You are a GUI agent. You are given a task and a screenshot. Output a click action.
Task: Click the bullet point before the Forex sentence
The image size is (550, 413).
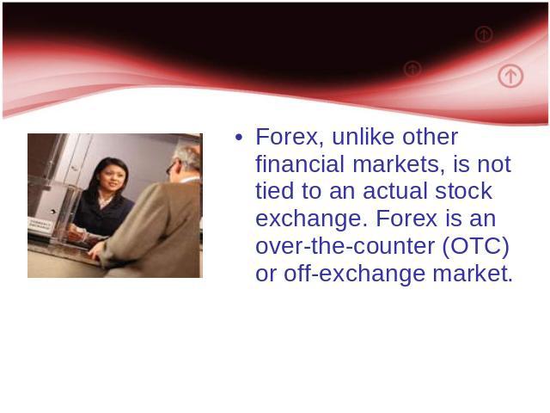pos(239,138)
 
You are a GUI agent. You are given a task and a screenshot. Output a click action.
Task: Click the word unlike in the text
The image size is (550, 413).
pos(364,136)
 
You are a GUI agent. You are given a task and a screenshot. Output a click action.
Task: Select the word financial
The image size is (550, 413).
pos(300,164)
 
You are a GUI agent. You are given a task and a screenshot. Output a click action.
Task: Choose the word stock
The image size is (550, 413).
pos(464,191)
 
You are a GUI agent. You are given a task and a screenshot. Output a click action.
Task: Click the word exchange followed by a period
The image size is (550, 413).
pos(312,219)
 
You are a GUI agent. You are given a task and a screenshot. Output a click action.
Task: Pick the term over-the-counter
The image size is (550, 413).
pos(345,246)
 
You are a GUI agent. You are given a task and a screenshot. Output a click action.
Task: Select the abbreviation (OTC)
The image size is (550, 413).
pos(475,247)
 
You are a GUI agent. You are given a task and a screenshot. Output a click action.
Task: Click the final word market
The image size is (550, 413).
pos(473,274)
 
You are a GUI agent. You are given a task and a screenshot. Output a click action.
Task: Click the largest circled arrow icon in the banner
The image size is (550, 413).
pos(510,76)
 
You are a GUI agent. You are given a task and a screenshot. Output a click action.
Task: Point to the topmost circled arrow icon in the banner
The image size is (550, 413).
pos(484,34)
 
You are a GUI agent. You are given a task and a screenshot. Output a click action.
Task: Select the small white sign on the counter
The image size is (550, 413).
pos(40,225)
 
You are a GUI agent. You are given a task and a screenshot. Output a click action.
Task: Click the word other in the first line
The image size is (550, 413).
pos(430,136)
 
